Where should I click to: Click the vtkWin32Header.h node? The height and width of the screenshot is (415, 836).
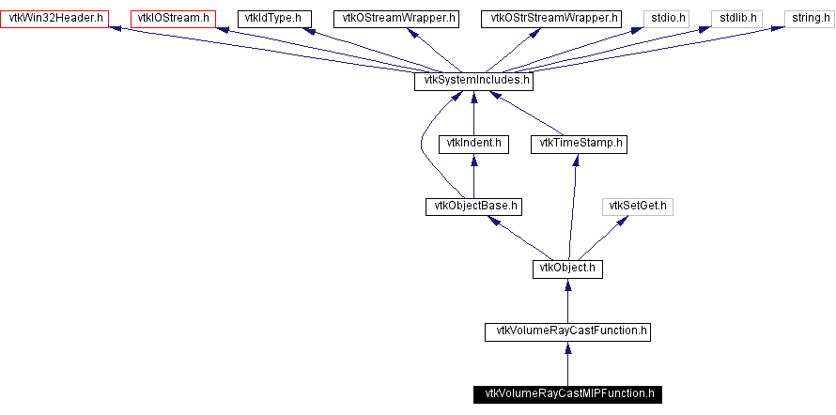point(54,19)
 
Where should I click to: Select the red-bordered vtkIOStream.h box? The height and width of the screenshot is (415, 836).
point(173,19)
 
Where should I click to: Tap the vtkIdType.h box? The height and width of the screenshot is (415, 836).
point(273,19)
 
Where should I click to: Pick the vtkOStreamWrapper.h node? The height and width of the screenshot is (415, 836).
point(396,19)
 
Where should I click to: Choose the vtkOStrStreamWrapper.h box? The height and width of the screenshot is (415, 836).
point(550,19)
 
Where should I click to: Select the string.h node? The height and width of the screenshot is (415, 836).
point(807,19)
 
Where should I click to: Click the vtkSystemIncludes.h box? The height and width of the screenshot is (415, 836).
point(474,82)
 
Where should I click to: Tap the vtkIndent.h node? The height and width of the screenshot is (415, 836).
point(473,145)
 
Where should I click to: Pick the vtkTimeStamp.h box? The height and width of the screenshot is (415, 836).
point(579,145)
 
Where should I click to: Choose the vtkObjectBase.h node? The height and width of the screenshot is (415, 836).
point(473,207)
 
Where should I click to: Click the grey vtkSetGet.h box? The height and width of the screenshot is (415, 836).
point(638,207)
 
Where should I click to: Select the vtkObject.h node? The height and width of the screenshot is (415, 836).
point(567,269)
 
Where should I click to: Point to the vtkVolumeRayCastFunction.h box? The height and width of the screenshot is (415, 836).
point(567,331)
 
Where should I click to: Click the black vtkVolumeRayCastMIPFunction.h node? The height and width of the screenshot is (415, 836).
point(567,394)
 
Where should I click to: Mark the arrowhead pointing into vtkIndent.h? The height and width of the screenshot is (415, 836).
point(473,160)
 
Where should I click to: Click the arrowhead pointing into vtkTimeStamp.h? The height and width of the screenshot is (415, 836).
point(575,160)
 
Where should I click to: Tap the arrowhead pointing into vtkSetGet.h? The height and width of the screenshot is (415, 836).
point(622,221)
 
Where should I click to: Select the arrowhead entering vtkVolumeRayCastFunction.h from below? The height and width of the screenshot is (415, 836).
point(567,347)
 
